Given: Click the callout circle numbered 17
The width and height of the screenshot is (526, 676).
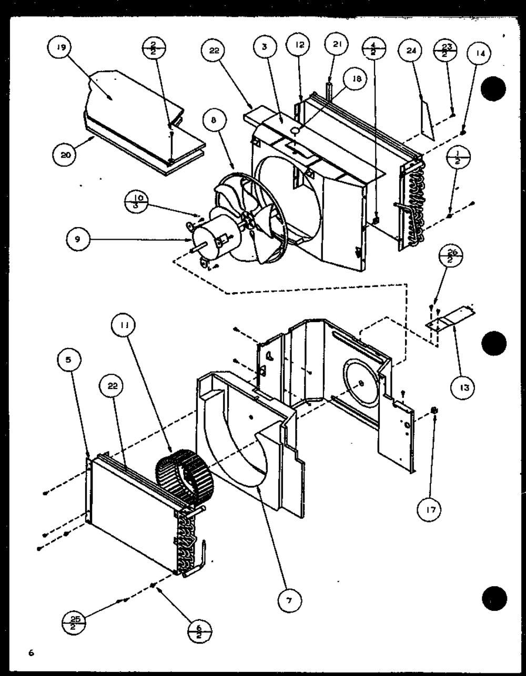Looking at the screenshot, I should click(430, 509).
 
